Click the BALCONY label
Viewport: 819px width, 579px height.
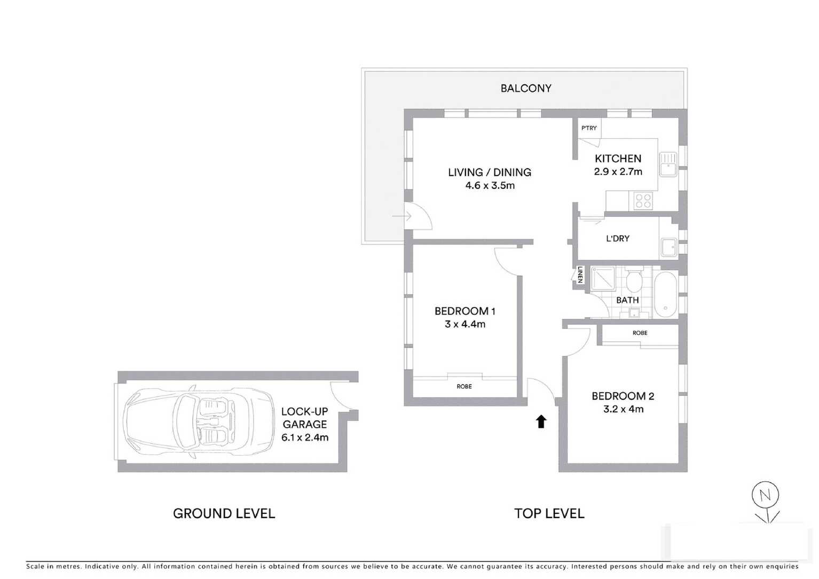point(525,89)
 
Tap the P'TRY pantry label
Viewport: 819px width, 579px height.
point(589,128)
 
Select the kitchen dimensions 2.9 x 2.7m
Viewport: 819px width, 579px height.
point(618,172)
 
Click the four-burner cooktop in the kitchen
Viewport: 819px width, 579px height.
point(643,201)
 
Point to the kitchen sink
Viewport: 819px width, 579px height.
point(667,164)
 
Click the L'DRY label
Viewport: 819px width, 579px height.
point(617,239)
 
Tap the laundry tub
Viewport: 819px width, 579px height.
point(668,247)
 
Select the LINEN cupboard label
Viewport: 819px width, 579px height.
point(580,275)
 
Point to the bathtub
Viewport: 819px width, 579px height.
point(665,294)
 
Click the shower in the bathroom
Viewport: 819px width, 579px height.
point(603,278)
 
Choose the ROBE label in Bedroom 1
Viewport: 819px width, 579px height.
point(464,387)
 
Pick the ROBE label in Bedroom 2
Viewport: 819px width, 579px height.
point(640,333)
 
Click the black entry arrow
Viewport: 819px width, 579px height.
point(541,421)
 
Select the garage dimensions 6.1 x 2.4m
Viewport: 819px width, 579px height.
point(305,437)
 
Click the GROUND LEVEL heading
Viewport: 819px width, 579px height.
point(224,514)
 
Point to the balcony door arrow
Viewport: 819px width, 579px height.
point(401,216)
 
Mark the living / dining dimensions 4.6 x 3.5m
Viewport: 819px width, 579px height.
point(490,186)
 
